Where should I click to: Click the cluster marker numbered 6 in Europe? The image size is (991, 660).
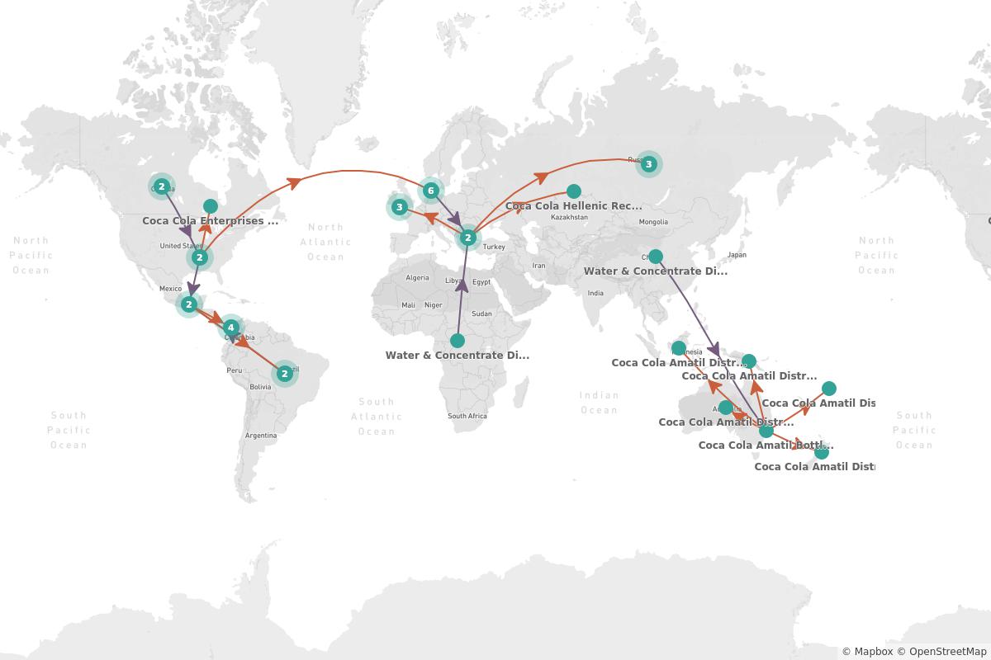[430, 191]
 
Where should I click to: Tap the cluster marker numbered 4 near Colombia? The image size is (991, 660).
[230, 328]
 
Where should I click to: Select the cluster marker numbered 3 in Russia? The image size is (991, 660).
[648, 164]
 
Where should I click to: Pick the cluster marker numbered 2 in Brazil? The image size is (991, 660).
[284, 374]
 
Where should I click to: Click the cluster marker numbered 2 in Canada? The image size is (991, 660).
[162, 186]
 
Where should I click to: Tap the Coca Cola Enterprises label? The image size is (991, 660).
[210, 221]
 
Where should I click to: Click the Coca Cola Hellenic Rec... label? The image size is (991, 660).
[573, 206]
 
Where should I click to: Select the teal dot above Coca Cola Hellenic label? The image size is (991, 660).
[574, 191]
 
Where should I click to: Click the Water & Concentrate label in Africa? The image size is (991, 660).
[457, 356]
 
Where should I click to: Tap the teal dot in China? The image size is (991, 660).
[655, 256]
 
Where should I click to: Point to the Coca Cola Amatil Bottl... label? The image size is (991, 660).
[766, 445]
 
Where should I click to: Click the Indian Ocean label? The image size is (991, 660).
[599, 403]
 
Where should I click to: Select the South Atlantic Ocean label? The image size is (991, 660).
[377, 416]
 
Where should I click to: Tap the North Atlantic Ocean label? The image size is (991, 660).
[325, 242]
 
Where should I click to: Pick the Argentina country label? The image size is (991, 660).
[261, 435]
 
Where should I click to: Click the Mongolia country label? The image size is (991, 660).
[653, 222]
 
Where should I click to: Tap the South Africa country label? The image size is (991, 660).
[467, 416]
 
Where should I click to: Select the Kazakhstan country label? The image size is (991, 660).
[569, 218]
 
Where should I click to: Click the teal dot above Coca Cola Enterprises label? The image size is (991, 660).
[211, 206]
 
